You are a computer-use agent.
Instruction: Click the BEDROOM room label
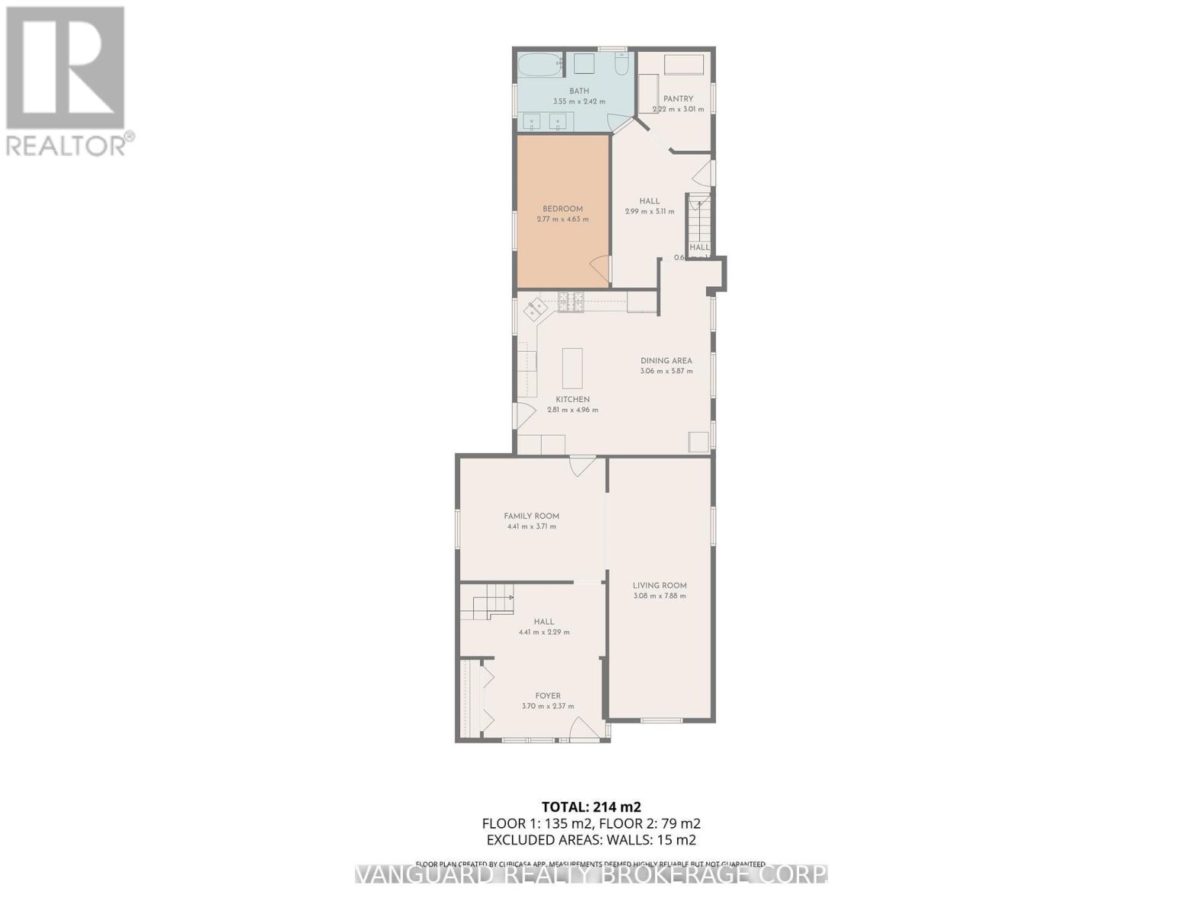[562, 209]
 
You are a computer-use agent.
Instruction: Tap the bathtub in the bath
[540, 65]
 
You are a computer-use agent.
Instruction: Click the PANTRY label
[678, 98]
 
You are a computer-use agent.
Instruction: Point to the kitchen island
[572, 368]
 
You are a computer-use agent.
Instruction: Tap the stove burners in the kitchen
[571, 302]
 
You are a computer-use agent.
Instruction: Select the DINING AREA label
[666, 360]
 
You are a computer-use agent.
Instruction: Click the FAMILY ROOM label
[531, 516]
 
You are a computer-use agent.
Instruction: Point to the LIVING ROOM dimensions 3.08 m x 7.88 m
[660, 596]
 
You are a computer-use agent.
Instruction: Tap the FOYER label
[548, 695]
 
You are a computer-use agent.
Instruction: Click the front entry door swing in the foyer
[582, 729]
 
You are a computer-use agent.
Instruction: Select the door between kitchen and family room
[582, 465]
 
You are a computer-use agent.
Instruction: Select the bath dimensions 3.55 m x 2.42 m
[579, 101]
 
